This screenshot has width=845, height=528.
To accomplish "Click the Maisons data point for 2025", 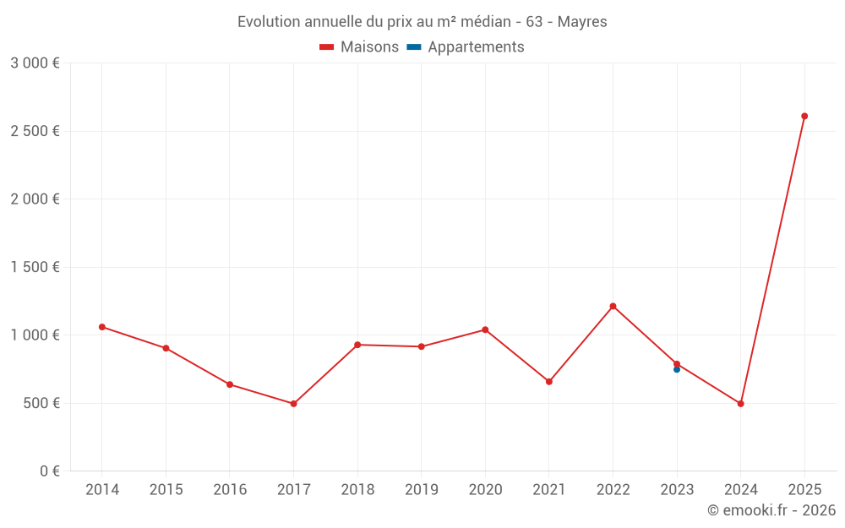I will pos(804,117).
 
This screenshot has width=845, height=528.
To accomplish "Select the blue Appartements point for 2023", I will pos(677,370).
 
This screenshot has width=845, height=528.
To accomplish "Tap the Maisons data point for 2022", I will pos(613,306).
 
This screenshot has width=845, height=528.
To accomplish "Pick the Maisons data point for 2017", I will pos(293,404).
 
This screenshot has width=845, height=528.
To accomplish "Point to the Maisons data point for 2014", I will pos(102,327).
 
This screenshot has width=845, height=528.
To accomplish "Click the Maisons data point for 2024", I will pos(740,404).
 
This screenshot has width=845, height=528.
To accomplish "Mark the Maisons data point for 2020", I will pos(485,329).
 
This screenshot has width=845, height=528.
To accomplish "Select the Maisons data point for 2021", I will pos(549,382).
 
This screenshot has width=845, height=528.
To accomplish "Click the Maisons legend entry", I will pos(359,47).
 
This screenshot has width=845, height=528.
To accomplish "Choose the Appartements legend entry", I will pos(466,47).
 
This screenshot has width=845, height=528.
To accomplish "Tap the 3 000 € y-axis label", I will pos(35,63).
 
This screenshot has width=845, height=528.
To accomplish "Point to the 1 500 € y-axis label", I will pos(35,267).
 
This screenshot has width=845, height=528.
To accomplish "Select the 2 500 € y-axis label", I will pos(35,131).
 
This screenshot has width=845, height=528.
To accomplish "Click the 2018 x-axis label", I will pos(357,490).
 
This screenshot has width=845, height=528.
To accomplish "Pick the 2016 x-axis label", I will pos(230,490).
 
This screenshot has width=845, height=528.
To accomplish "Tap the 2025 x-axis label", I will pos(804,490).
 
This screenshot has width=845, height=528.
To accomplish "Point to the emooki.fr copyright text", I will pos(771,510).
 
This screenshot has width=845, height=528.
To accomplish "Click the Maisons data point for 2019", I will pos(421,346).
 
